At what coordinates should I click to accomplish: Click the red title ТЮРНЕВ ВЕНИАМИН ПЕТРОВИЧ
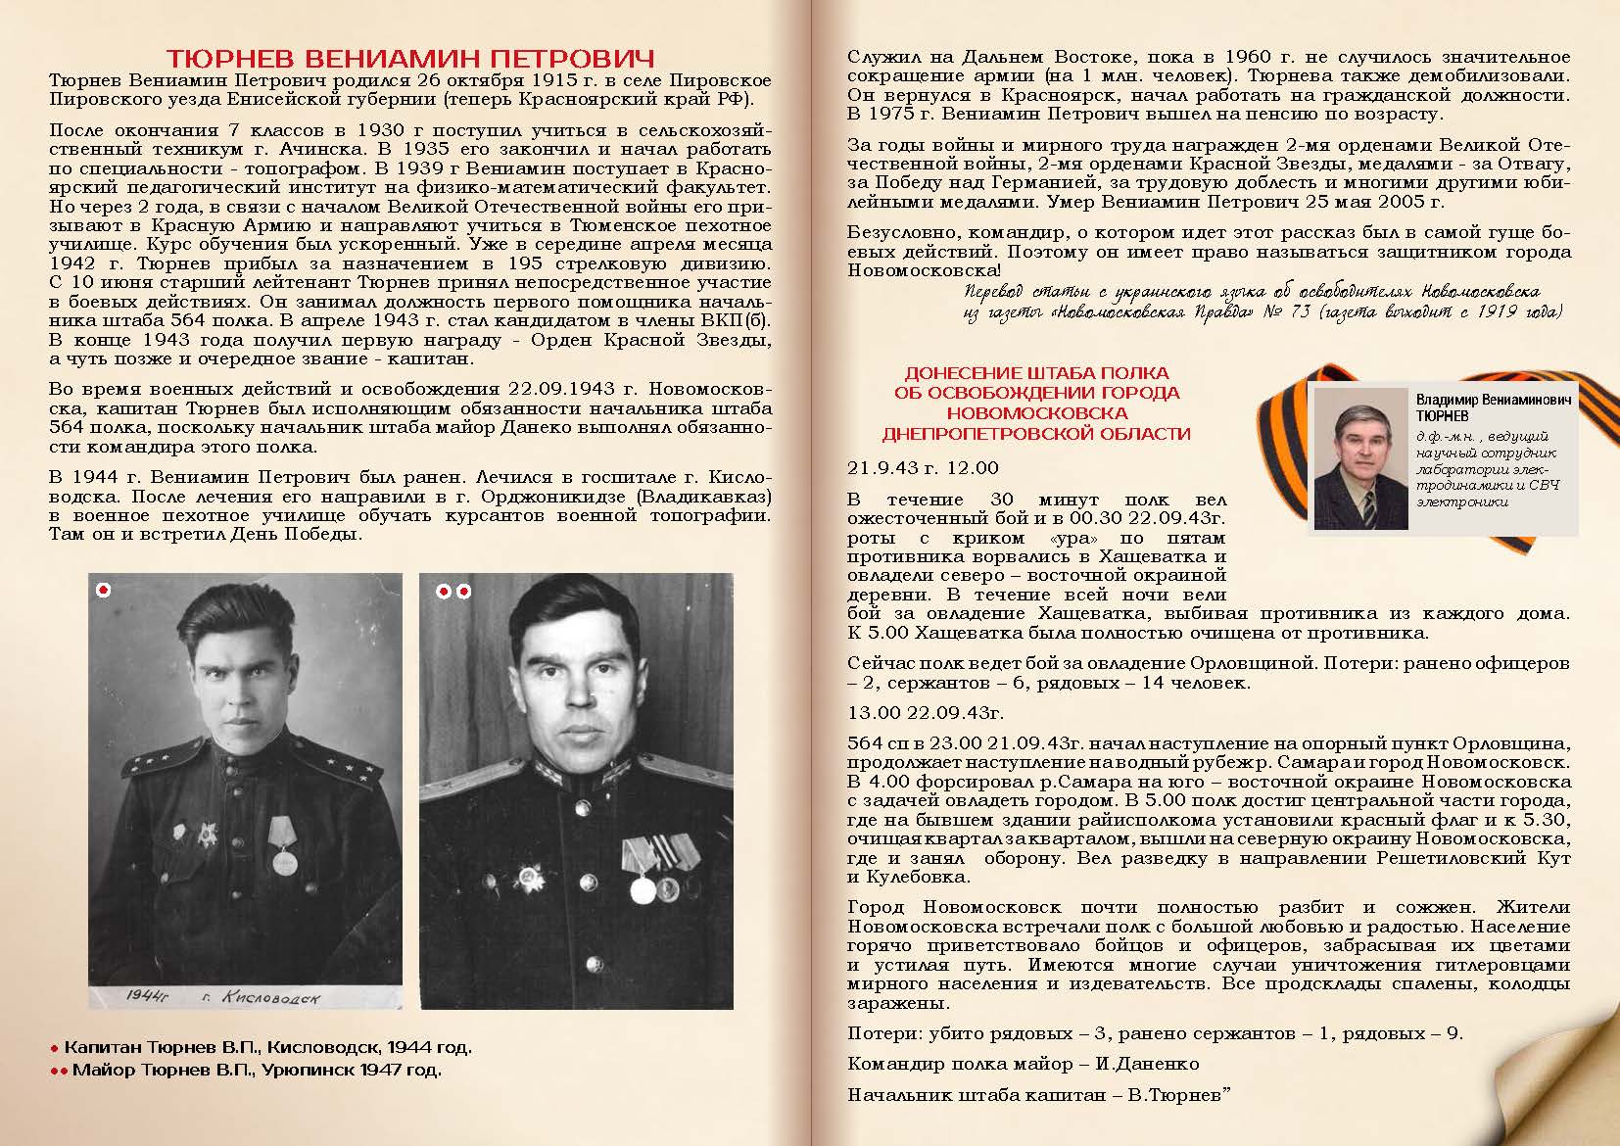409,57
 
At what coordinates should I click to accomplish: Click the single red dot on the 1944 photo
104,590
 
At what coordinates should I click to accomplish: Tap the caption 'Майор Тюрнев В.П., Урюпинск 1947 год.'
257,1070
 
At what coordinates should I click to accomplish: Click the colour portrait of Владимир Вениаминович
1355,458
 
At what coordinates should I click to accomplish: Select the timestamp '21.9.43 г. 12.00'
923,468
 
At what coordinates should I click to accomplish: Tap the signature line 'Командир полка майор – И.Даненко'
1023,1064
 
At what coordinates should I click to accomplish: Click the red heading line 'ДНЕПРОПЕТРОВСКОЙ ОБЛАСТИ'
1036,433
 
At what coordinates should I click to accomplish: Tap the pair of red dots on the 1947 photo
453,592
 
